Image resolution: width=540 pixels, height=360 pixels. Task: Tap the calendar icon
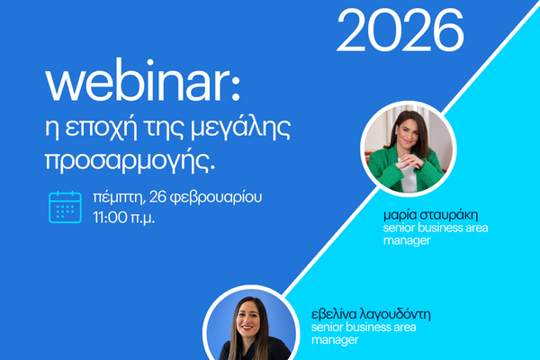point(65,206)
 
